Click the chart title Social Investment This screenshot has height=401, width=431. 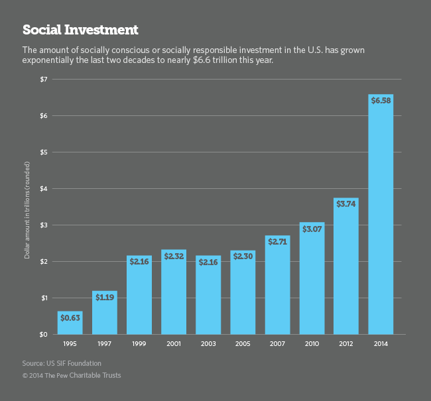(x=80, y=30)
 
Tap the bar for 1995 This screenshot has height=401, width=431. (x=70, y=323)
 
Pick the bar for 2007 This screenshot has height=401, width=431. (x=277, y=285)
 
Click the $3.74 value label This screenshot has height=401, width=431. (x=346, y=203)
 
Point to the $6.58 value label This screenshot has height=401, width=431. (x=381, y=100)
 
